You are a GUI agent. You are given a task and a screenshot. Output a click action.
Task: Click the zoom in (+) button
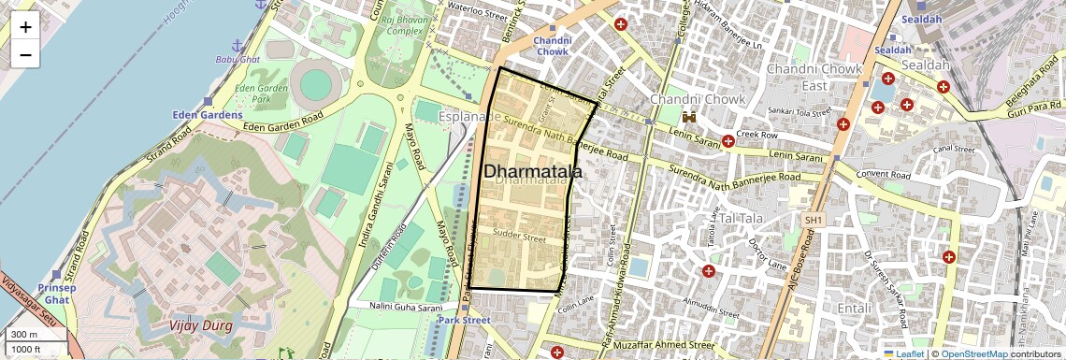(x=25, y=27)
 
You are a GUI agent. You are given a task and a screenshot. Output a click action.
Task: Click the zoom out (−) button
(x=25, y=55)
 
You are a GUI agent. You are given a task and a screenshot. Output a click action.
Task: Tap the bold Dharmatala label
(x=532, y=172)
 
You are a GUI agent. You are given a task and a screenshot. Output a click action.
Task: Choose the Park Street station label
(x=464, y=320)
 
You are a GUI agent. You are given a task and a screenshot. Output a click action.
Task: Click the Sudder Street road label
(x=518, y=238)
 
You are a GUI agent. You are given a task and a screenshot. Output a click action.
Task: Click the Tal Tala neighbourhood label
(x=735, y=218)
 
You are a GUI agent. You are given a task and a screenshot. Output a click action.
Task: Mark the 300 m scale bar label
(x=24, y=334)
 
